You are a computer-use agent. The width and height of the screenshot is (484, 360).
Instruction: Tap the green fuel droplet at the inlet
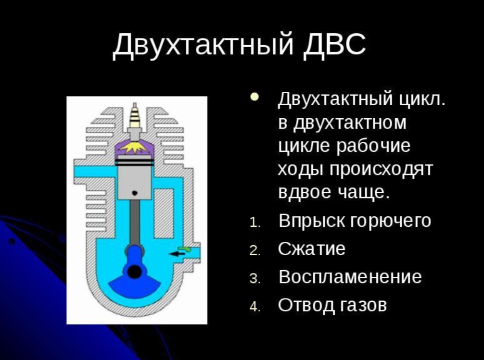pos(186,249)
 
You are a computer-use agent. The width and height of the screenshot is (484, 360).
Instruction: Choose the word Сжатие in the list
pos(312,249)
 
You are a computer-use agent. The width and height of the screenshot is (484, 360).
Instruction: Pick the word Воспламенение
pos(350,277)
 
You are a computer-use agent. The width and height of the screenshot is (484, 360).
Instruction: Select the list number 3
pos(255,279)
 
